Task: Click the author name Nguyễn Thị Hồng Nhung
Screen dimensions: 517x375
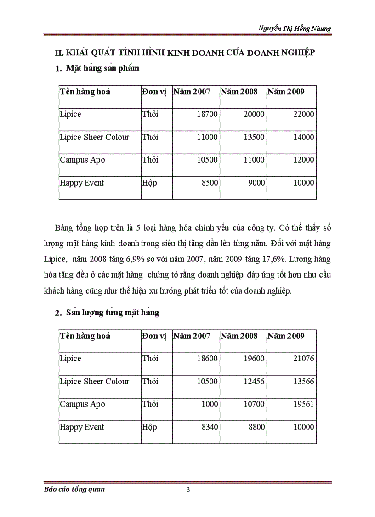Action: tap(295, 29)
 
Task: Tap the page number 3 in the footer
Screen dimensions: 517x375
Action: tap(188, 489)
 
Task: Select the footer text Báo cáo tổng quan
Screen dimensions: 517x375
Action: tap(72, 489)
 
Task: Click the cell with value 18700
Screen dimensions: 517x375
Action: tap(206, 114)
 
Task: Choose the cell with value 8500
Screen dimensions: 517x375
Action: tap(209, 183)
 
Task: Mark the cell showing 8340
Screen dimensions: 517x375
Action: tap(209, 427)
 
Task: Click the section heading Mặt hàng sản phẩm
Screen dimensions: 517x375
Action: tap(102, 69)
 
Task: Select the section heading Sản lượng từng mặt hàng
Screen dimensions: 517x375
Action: tap(113, 313)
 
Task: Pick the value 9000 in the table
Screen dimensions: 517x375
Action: tap(256, 183)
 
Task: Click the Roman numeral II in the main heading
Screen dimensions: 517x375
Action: tap(58, 53)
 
